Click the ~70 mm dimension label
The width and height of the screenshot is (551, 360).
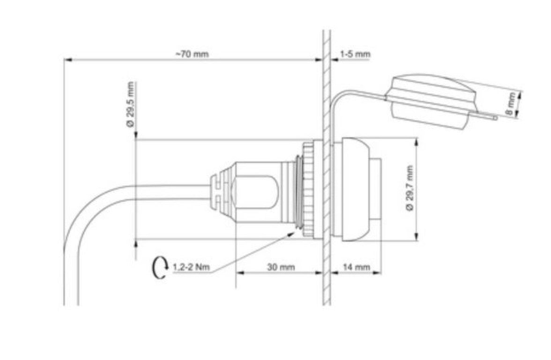[192, 54]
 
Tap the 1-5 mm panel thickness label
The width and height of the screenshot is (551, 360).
[355, 54]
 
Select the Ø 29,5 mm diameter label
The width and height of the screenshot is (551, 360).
[131, 105]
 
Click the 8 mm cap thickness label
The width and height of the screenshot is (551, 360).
[512, 104]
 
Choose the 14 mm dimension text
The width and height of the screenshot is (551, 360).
[357, 267]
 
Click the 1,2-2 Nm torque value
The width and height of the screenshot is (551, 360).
[191, 267]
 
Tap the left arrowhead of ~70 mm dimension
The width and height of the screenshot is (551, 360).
[67, 60]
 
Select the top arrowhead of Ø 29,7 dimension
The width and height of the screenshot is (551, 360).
[417, 141]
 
